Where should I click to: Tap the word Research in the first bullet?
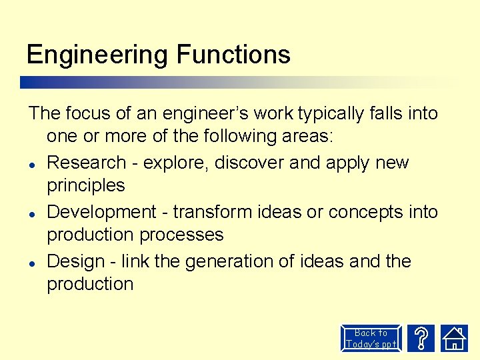tap(87, 163)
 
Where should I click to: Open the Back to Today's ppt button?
tap(371, 338)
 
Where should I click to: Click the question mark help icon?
tap(421, 338)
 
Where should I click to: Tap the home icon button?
tap(455, 338)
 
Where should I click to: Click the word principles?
tap(86, 185)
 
